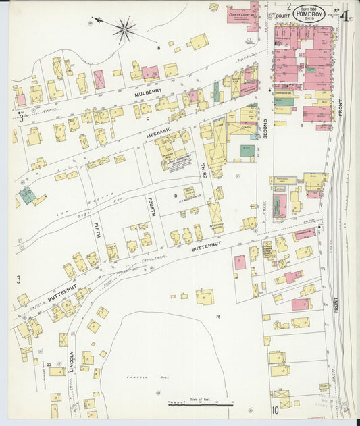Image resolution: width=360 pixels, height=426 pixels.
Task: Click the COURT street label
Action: click(x=282, y=15)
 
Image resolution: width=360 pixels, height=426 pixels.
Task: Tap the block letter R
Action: click(x=218, y=315)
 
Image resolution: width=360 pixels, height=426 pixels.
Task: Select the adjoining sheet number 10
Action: click(x=275, y=410)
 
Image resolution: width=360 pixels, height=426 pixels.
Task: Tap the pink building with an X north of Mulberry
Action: click(x=99, y=79)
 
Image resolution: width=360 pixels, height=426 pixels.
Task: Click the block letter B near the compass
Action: click(x=159, y=47)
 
